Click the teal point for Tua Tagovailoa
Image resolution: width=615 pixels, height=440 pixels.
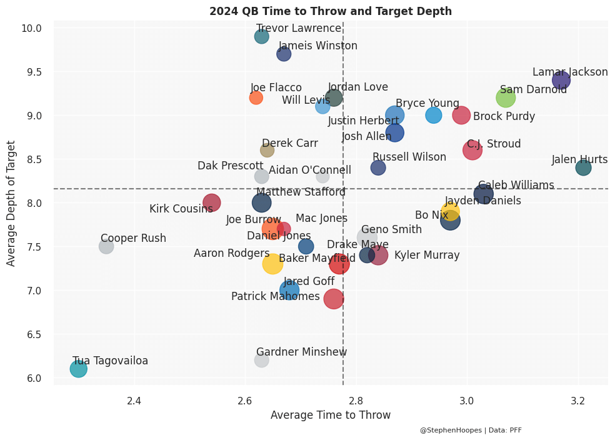tap(78, 369)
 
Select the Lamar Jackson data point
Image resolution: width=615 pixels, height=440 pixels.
tap(561, 80)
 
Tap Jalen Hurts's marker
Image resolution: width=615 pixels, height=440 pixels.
tap(583, 167)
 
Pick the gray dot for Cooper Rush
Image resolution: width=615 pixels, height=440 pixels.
tap(106, 246)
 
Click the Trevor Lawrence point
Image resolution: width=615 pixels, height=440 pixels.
tap(262, 36)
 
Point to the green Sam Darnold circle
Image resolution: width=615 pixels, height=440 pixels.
tap(506, 97)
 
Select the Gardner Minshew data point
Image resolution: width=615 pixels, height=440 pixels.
tap(262, 360)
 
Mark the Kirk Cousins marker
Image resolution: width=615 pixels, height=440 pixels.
tap(212, 202)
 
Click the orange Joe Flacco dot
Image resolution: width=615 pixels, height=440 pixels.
tap(256, 97)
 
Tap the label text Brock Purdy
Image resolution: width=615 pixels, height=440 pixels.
tap(504, 116)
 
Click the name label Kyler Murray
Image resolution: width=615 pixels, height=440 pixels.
tap(427, 255)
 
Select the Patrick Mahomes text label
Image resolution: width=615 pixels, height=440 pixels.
tap(275, 296)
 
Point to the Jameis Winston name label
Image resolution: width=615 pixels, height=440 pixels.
tap(318, 46)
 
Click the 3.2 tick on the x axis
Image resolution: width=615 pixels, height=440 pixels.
tap(578, 400)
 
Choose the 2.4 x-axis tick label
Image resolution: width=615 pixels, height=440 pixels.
tap(134, 400)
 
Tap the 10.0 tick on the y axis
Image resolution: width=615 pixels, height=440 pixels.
tap(32, 28)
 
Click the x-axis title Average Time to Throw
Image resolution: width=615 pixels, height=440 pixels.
tap(331, 415)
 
